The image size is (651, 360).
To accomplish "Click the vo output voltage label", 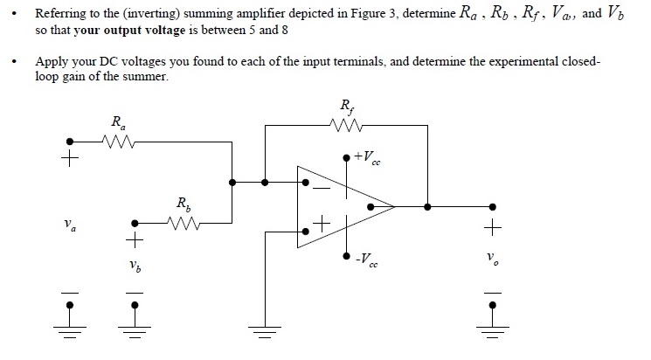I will click(495, 260).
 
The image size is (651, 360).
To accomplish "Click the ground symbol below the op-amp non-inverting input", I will click(260, 329).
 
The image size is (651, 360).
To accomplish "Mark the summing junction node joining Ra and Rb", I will click(232, 183).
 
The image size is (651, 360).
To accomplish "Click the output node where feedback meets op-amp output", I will click(426, 207).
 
